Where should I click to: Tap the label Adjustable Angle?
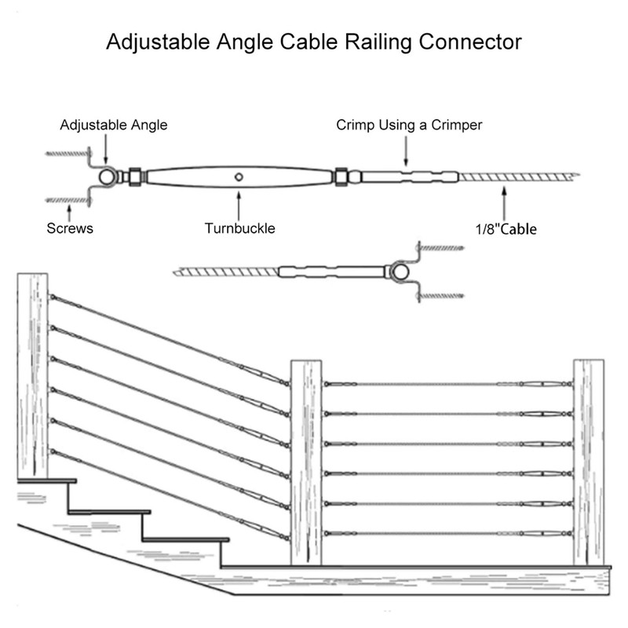tap(115, 125)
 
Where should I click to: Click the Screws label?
tap(71, 228)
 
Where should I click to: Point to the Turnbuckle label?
tap(239, 228)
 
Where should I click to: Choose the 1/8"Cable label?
tap(503, 229)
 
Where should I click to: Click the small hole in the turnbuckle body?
tap(239, 177)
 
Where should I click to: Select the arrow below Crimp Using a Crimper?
tap(405, 149)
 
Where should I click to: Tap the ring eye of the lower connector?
tap(400, 273)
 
